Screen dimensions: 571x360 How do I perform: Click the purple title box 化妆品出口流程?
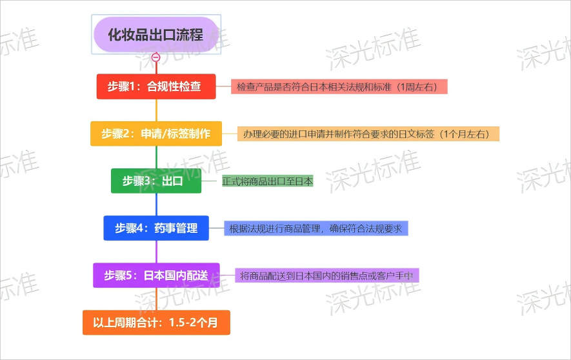coord(156,35)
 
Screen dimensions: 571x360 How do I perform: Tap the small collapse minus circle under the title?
coord(156,57)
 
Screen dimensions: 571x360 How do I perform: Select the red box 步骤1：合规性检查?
coord(156,86)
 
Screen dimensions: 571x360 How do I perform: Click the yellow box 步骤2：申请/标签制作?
coord(156,134)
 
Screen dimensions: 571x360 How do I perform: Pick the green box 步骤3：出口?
coord(156,181)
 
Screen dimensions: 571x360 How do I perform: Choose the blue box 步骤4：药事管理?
coord(156,228)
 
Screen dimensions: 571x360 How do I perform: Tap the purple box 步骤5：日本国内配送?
coord(156,275)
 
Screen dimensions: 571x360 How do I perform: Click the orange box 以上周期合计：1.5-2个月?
coord(156,323)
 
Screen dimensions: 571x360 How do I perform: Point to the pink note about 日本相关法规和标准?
coord(339,86)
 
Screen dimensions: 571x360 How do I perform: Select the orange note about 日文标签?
coord(368,134)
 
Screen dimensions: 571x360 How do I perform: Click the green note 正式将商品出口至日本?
coord(268,181)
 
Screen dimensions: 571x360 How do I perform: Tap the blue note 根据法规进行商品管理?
coord(316,228)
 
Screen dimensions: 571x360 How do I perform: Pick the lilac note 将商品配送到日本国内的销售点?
coord(327,275)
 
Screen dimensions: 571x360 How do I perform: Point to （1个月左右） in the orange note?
coord(465,134)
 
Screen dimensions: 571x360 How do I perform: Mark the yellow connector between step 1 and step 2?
coord(156,110)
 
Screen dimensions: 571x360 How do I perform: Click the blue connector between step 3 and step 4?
coord(156,205)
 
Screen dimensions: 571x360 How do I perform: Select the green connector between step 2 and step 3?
coord(156,157)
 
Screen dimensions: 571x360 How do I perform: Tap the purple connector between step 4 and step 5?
coord(156,252)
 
